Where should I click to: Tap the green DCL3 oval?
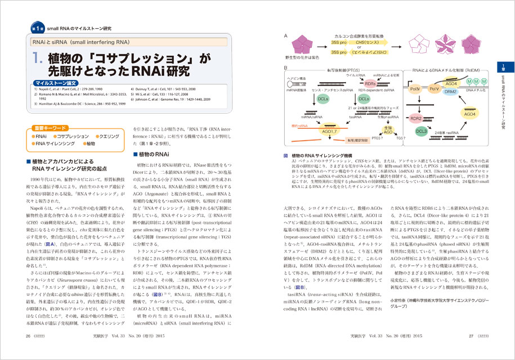[422, 131]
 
